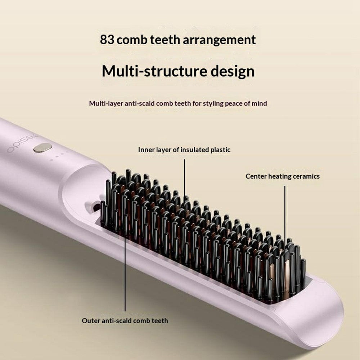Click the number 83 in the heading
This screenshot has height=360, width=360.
[x=108, y=40]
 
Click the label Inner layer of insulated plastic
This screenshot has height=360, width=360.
[x=184, y=150]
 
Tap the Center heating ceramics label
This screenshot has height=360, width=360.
[x=283, y=176]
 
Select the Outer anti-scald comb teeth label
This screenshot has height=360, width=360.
[x=125, y=320]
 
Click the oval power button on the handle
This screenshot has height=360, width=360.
[x=42, y=147]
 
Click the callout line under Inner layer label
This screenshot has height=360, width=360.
[x=184, y=178]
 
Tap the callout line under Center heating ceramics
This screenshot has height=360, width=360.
[x=285, y=212]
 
